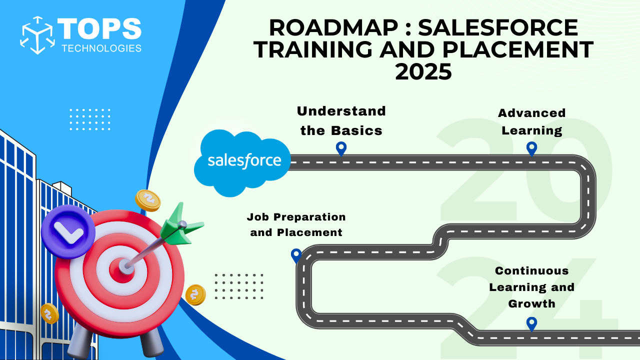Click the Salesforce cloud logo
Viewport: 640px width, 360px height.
242,162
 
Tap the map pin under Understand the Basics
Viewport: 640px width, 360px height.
341,149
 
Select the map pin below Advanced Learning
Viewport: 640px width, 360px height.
531,149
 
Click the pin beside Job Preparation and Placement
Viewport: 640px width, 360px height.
296,255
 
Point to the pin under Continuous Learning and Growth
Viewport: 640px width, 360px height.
531,324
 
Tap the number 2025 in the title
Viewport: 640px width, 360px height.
423,71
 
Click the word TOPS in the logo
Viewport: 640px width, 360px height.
99,28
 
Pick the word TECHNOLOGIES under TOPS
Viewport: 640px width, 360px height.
101,48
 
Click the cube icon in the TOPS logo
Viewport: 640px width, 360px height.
37,35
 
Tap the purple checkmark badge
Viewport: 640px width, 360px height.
68,231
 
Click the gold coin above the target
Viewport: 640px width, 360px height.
147,200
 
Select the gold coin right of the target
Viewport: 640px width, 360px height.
195,294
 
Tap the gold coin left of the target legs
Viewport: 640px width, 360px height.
49,313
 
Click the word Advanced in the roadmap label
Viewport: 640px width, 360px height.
531,113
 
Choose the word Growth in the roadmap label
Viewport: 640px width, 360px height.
531,303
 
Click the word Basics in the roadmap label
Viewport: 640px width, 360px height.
356,131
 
